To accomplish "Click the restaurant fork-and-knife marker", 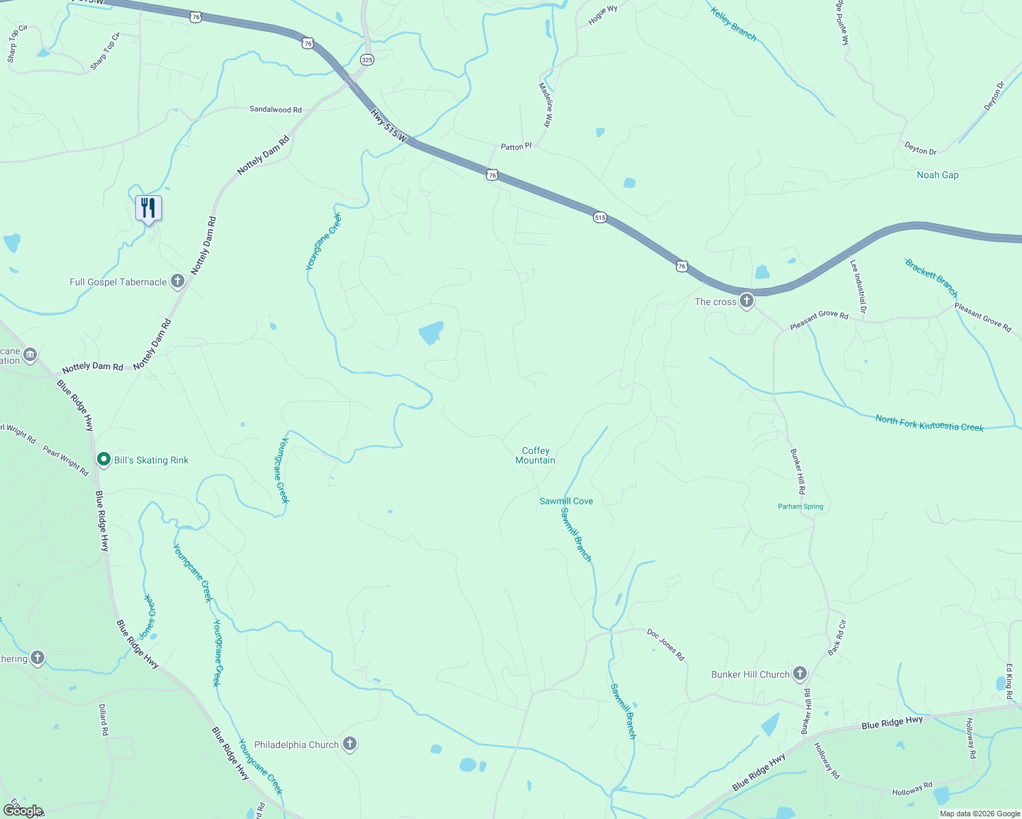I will (148, 207).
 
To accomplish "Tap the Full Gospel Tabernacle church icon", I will (178, 281).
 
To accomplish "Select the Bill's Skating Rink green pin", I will (104, 460).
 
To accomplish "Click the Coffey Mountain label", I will (536, 455).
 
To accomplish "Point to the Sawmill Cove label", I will (566, 501).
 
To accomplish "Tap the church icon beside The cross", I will (747, 300).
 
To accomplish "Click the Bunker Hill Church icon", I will (800, 674).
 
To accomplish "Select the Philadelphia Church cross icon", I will (350, 744).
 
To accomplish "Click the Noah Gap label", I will (937, 175).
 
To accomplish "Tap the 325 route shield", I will (367, 60).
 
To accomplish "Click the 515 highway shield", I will (600, 218).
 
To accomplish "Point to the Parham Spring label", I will (801, 506).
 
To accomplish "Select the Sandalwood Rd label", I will (275, 109).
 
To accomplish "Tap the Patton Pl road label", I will (516, 146).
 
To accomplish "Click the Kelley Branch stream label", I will (733, 25).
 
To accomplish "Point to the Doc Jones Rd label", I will (665, 644).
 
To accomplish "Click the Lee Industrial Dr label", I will (858, 286).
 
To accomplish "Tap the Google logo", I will (23, 811).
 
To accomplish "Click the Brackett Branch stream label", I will (931, 277).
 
